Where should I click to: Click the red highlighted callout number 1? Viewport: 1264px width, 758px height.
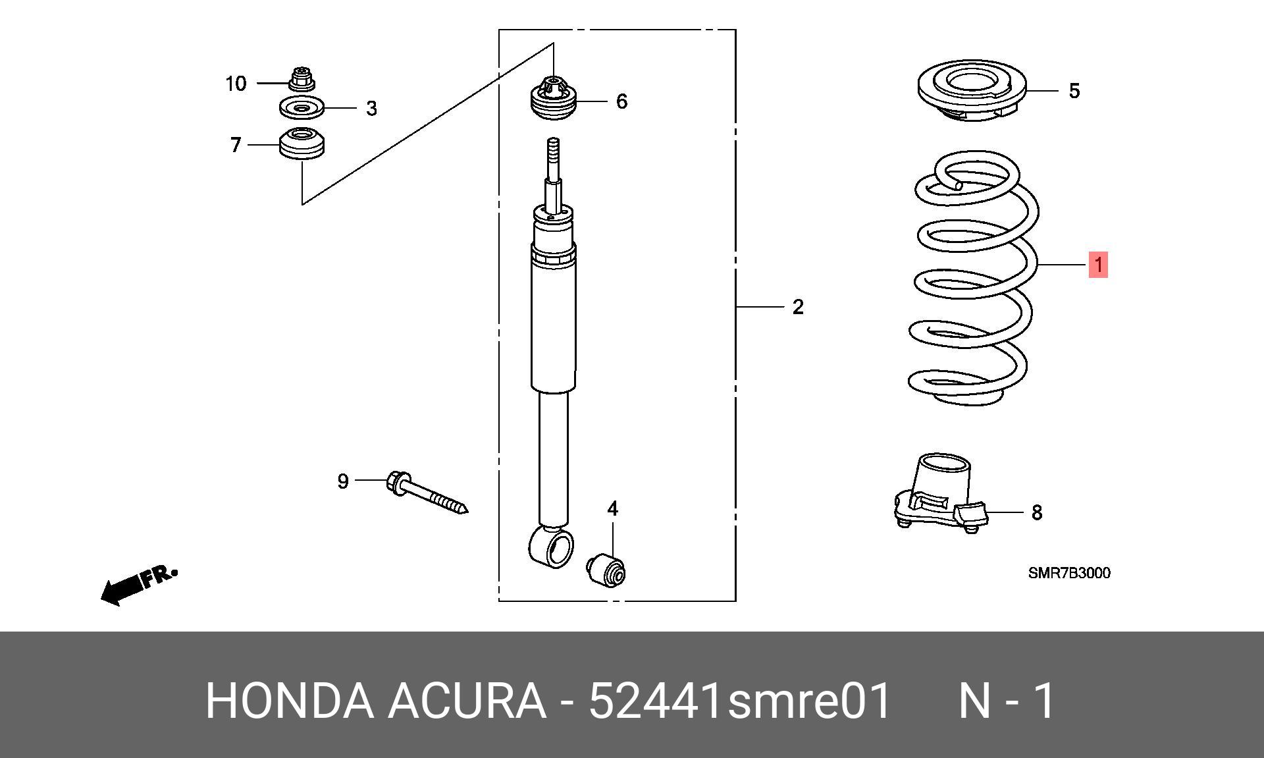coord(1098,265)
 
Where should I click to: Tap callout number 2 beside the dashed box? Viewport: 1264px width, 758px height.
coord(798,307)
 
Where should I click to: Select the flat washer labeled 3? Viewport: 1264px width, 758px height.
coord(301,107)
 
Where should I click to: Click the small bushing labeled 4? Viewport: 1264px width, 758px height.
coord(606,570)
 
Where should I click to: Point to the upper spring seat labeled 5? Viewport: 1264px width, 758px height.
coord(972,92)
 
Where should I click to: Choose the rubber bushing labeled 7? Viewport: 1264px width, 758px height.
coord(302,144)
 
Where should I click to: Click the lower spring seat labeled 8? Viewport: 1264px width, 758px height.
coord(941,491)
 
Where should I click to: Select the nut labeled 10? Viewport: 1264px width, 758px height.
coord(302,78)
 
